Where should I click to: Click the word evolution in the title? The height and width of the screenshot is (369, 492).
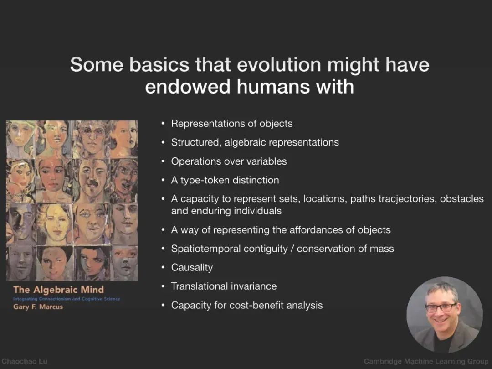point(279,65)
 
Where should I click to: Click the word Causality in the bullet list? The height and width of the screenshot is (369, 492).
point(192,268)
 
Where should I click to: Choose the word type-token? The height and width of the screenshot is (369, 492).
point(205,180)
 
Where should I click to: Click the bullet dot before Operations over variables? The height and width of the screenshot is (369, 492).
point(163,161)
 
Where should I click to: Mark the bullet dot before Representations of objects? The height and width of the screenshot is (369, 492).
point(163,124)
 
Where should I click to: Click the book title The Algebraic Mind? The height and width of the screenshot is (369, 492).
point(58,290)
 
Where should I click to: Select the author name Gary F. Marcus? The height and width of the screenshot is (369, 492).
point(38,307)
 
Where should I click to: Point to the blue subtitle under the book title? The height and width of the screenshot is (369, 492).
point(67,299)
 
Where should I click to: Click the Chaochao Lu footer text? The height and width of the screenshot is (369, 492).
point(25,361)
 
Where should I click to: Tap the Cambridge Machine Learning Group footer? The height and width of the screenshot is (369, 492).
point(426,361)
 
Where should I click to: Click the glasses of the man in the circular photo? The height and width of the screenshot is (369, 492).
point(441,307)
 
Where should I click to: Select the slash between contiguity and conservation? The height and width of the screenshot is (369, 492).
point(292,249)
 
